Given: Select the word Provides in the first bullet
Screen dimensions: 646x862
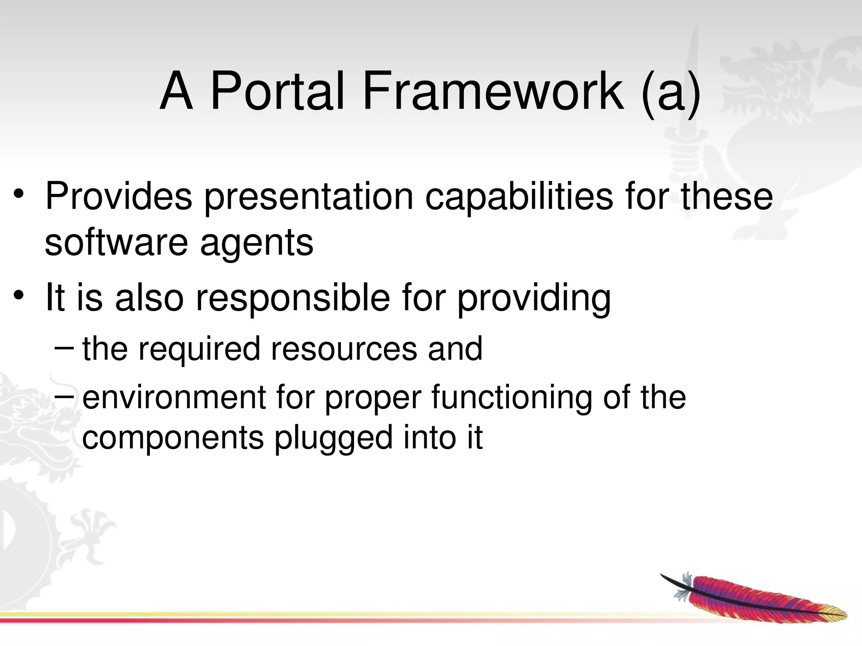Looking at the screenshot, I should coord(118,196).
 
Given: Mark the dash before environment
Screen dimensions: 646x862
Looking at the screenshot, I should coord(64,394).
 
